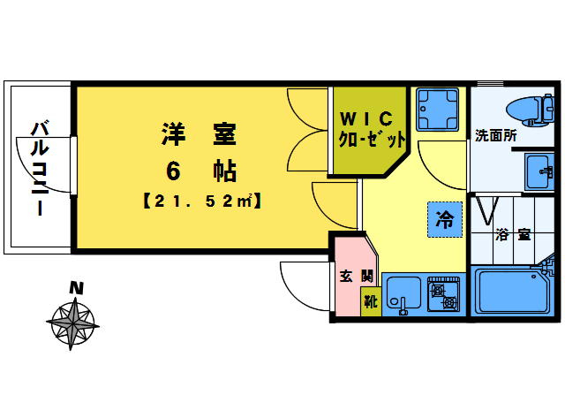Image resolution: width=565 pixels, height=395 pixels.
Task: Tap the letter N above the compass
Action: [x=77, y=288]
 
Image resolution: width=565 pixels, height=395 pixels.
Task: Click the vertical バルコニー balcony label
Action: [x=38, y=168]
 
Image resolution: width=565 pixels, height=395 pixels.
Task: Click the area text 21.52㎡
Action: [x=199, y=201]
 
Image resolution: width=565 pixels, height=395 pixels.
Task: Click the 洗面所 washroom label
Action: [x=495, y=135]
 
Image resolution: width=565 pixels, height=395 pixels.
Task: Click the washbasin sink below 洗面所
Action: [x=537, y=169]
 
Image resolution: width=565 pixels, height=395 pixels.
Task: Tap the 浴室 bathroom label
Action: [x=512, y=235]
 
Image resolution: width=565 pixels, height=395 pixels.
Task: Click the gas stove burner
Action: [x=444, y=294]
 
